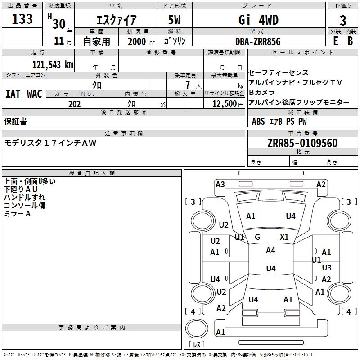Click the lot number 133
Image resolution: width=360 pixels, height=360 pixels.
tap(22, 19)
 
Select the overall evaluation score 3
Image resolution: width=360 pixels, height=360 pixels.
tap(343, 21)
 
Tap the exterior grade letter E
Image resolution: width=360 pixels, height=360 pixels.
tap(335, 40)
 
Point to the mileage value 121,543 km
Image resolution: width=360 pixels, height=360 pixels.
tap(52, 64)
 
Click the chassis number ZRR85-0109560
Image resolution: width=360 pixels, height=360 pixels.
tap(302, 144)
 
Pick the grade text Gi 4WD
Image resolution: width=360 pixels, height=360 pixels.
tap(258, 20)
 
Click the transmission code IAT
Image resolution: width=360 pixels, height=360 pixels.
tap(13, 94)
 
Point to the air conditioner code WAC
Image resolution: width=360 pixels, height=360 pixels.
tap(35, 94)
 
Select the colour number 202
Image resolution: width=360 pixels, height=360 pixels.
tap(74, 104)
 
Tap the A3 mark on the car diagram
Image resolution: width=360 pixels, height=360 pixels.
tap(220, 184)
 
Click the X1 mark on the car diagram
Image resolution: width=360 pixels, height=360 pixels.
tap(284, 237)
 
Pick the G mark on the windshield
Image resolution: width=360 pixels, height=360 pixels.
tap(257, 237)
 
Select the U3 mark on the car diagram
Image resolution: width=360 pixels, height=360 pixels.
tap(327, 268)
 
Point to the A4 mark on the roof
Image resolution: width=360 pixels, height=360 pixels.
tap(270, 251)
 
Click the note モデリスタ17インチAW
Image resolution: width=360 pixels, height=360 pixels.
tap(50, 143)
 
